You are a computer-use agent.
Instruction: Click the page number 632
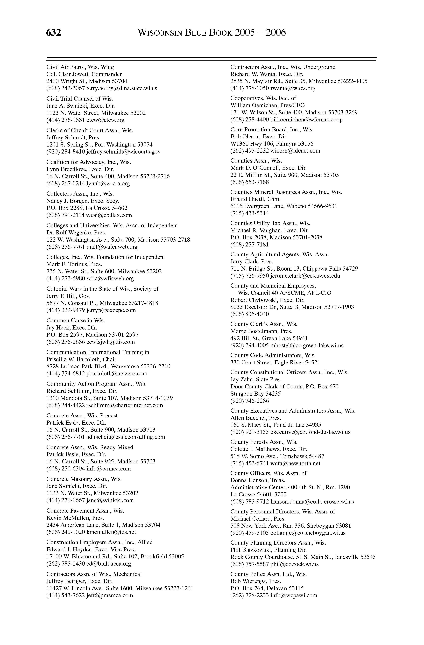(x=54, y=33)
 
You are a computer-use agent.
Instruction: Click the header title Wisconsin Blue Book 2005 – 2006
(x=212, y=33)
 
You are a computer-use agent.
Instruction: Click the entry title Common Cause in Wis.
(x=76, y=320)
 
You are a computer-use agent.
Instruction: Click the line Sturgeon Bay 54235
(x=255, y=393)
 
